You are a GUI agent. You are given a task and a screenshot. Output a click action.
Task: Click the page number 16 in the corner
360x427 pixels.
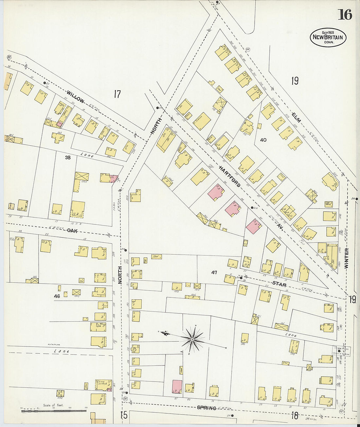click(x=345, y=15)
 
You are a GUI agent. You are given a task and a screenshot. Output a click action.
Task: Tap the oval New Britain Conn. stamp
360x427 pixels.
click(x=328, y=37)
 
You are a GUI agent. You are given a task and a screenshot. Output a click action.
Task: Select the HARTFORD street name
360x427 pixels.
click(x=230, y=177)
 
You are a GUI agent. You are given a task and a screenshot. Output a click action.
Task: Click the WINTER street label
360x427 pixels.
click(x=347, y=258)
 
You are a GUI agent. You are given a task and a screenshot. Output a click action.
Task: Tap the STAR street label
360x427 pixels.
click(x=279, y=284)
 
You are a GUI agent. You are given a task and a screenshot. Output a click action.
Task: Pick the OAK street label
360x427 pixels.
click(x=72, y=231)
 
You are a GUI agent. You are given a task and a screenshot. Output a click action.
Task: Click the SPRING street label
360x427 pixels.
click(x=207, y=408)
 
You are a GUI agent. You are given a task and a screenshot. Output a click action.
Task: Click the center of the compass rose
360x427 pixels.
click(x=192, y=340)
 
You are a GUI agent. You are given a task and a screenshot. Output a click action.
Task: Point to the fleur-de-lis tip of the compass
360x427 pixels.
click(x=164, y=333)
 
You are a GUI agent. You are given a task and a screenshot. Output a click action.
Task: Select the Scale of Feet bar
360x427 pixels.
click(x=54, y=410)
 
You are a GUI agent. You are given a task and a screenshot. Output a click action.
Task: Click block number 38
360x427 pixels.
click(x=68, y=157)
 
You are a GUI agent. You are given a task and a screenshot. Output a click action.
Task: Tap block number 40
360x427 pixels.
click(x=263, y=140)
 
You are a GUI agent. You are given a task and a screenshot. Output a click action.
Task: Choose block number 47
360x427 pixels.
click(x=214, y=272)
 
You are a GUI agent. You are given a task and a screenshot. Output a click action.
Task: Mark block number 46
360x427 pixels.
click(x=57, y=296)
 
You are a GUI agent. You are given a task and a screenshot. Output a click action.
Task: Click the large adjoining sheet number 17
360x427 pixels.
click(x=117, y=94)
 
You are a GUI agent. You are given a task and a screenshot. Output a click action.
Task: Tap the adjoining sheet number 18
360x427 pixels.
click(x=295, y=416)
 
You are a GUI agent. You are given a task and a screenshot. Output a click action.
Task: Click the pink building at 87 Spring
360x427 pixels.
click(x=177, y=386)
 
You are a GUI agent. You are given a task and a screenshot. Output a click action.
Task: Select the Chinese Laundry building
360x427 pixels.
click(x=103, y=385)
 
